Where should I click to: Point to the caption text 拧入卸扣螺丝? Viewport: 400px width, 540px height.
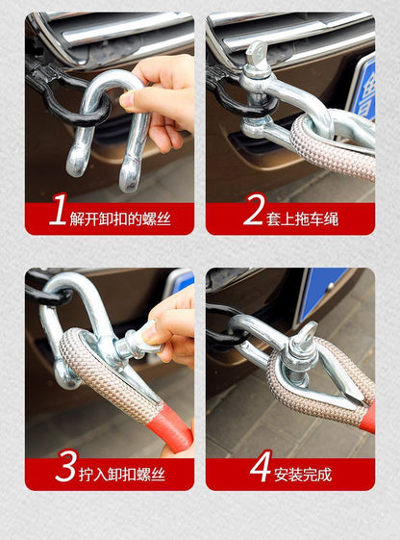pyautogui.click(x=123, y=474)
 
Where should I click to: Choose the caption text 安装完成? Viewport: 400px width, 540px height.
pyautogui.click(x=303, y=474)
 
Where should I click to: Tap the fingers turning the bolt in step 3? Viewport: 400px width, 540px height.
pyautogui.click(x=174, y=322)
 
